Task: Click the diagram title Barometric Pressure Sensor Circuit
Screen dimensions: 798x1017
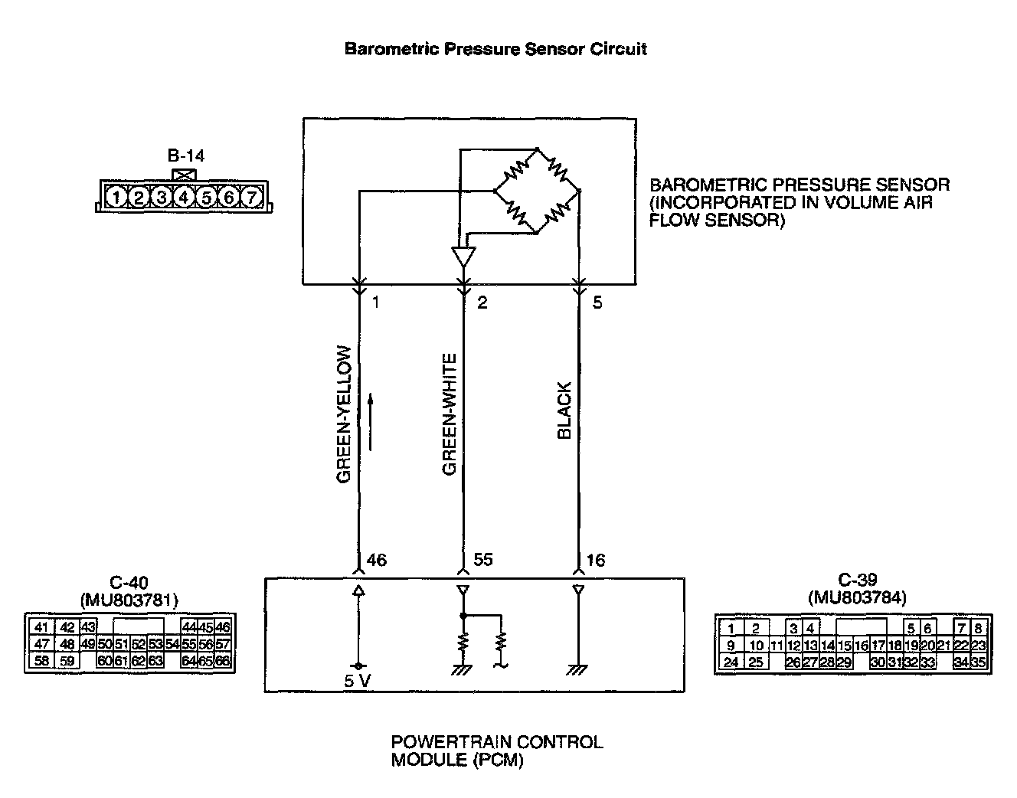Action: coord(495,49)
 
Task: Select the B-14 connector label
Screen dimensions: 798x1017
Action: coord(185,156)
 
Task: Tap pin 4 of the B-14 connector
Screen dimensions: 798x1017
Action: coord(184,198)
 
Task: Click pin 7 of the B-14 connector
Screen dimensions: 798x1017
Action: coord(251,198)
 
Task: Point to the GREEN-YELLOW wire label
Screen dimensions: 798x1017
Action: coord(344,414)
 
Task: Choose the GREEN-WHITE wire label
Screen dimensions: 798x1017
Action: coord(450,414)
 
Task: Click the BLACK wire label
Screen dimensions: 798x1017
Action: coord(564,411)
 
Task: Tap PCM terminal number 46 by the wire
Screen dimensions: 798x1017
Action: coord(377,560)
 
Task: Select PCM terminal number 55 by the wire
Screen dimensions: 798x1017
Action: coord(483,560)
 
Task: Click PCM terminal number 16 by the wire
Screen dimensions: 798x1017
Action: coord(595,560)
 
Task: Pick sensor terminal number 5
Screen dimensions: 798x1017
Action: coord(597,303)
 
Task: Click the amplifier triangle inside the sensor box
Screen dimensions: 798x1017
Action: coord(463,256)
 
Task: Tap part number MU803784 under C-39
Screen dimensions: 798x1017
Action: coord(856,597)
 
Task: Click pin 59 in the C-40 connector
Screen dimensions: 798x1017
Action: coord(67,661)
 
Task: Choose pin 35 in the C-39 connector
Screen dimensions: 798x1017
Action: coord(978,662)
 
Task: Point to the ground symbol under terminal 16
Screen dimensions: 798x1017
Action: coord(577,670)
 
